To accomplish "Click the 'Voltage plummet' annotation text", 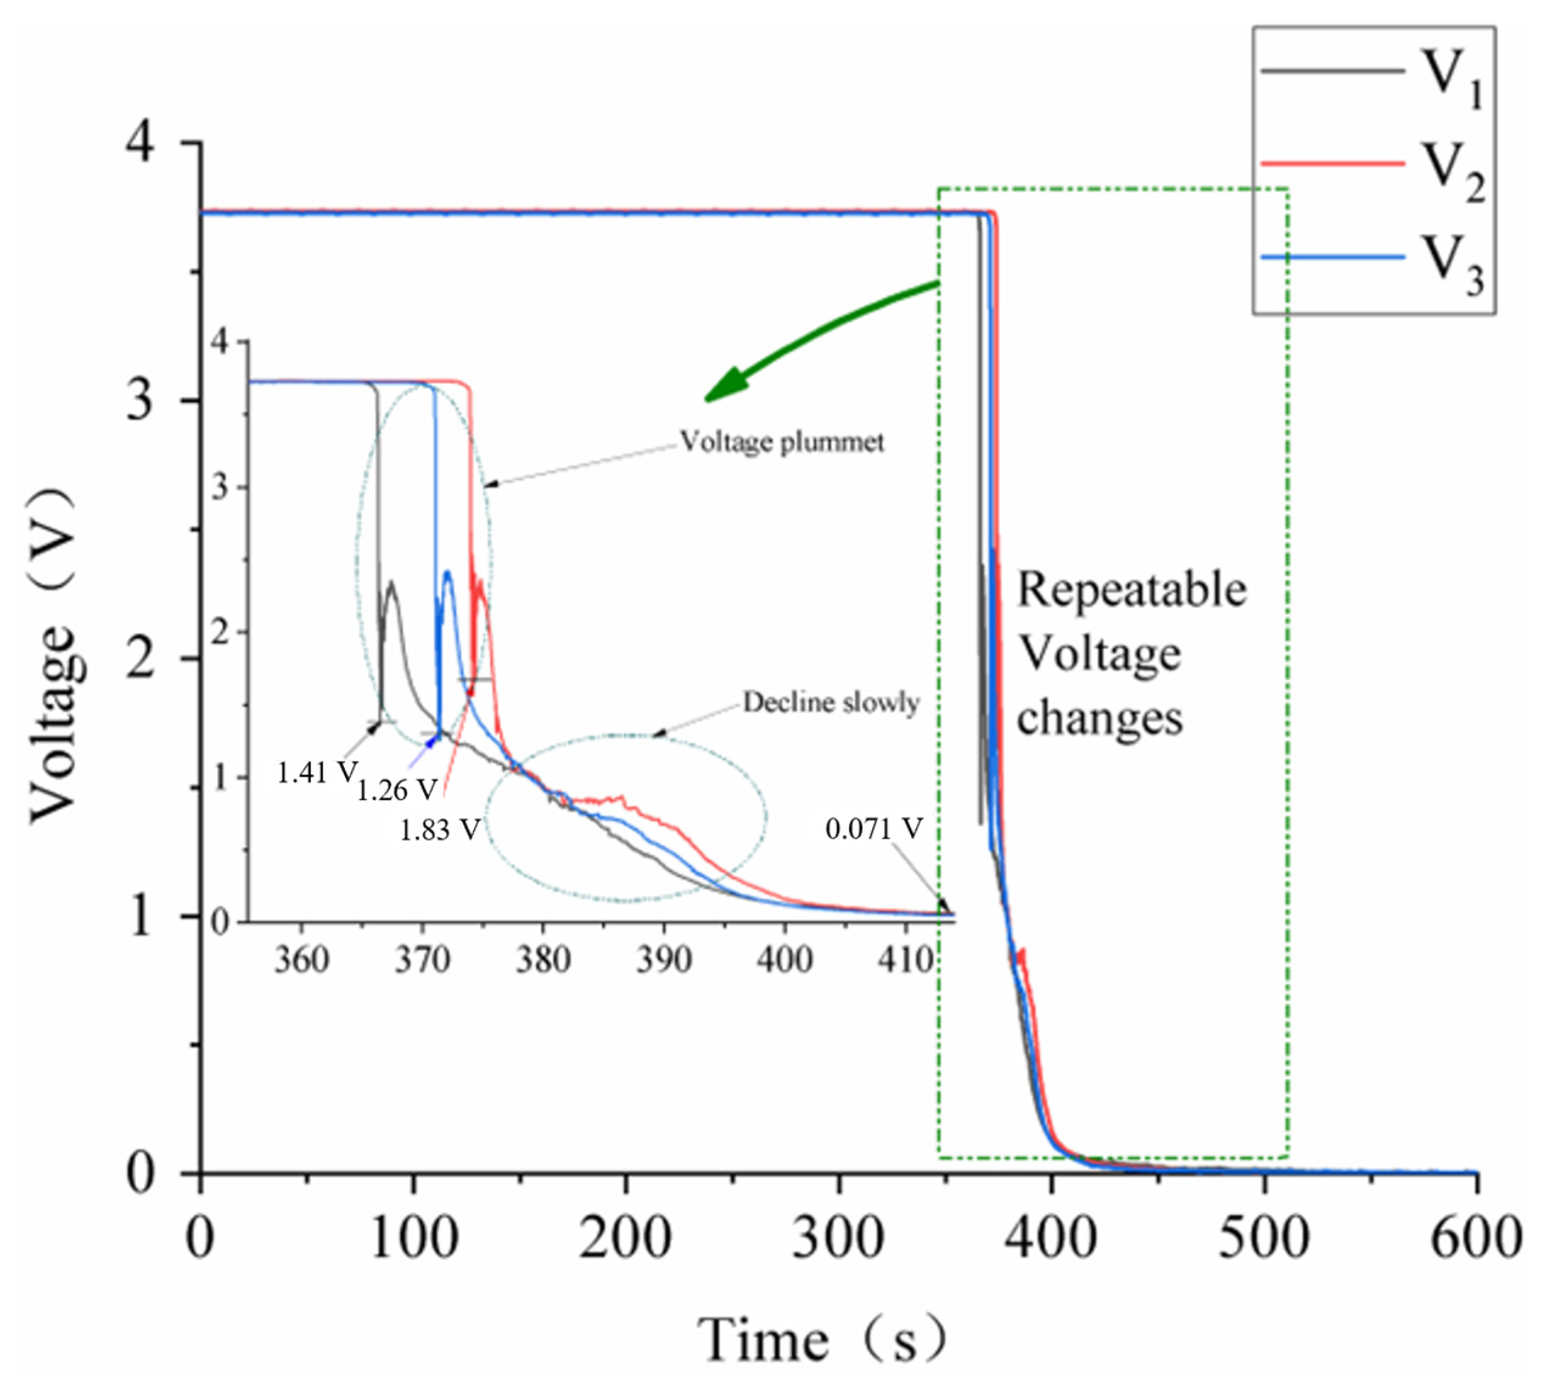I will coord(782,442).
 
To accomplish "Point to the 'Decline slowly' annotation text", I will coord(831,702).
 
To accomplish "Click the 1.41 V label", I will coord(316,773).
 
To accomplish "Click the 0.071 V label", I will coord(873,828).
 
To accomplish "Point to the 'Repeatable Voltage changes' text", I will coord(1131,654).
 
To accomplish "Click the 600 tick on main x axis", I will coord(1474,1238).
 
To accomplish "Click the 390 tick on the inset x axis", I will coord(663,959).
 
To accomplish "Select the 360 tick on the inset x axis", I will coord(301,959).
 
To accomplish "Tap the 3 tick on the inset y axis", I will coord(221,487).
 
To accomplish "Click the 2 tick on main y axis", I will coord(140,657).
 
